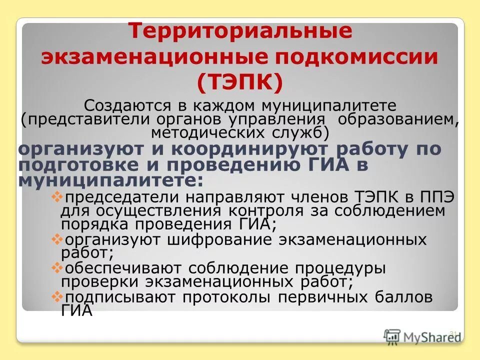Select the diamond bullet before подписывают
coord(56,296)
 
